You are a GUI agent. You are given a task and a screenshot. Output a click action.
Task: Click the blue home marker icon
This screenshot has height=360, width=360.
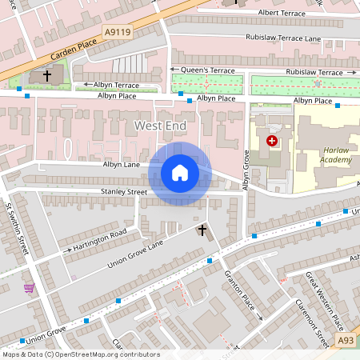click(180, 173)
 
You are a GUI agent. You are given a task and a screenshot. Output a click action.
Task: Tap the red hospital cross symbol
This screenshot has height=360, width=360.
click(272, 141)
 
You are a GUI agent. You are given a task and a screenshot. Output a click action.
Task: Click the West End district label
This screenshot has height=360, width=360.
click(160, 126)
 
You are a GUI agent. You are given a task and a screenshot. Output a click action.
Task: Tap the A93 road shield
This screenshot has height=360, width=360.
click(346, 341)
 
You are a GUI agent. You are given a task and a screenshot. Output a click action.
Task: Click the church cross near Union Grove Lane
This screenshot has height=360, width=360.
click(202, 231)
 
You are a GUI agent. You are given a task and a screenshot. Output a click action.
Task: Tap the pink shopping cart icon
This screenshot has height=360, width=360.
click(30, 288)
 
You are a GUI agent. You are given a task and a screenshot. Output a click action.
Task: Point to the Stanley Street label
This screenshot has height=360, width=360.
click(124, 192)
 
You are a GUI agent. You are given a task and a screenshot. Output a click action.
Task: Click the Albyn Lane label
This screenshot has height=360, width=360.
click(122, 165)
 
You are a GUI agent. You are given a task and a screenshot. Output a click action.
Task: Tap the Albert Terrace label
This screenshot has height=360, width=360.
click(288, 13)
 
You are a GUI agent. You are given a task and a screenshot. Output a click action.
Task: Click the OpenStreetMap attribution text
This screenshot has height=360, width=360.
click(80, 354)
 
